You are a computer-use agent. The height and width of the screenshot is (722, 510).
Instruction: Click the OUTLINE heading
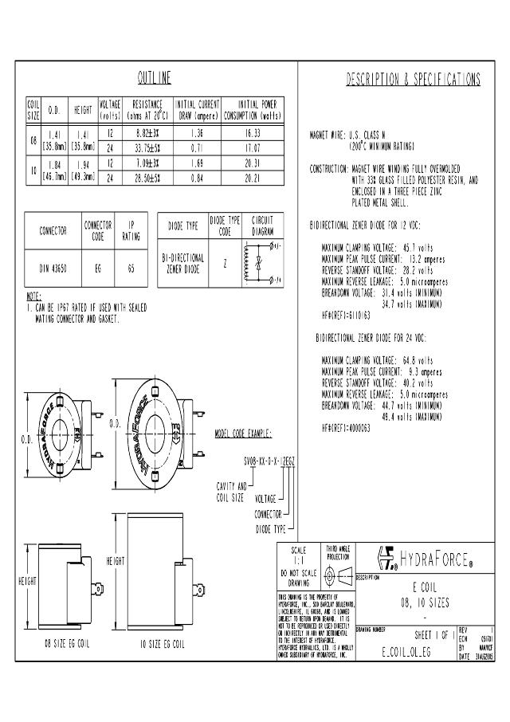coord(155,78)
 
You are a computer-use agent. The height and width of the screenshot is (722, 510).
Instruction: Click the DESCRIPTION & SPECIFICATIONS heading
coord(414,79)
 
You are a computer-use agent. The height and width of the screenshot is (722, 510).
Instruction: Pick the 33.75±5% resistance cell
coord(148,148)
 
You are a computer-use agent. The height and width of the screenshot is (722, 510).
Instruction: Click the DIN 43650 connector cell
coord(53,269)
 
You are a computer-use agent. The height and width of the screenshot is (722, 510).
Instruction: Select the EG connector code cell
coord(97,269)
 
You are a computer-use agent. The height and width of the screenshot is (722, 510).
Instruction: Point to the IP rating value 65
coord(131,269)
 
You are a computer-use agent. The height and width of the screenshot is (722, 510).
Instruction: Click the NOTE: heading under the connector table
coord(33,296)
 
